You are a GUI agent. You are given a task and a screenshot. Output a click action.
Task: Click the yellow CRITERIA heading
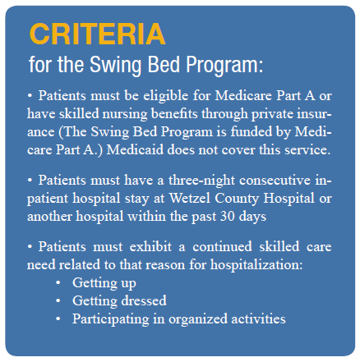pyautogui.click(x=97, y=34)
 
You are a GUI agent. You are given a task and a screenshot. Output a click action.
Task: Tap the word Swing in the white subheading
pyautogui.click(x=117, y=66)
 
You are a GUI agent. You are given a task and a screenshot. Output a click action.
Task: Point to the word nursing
pyautogui.click(x=125, y=114)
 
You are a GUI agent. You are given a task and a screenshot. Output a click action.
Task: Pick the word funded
pyautogui.click(x=252, y=132)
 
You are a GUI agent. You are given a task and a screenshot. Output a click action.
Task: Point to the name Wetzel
pyautogui.click(x=190, y=199)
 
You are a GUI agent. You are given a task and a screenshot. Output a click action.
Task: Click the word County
pyautogui.click(x=237, y=199)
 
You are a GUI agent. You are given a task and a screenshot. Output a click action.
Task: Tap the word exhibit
pyautogui.click(x=150, y=247)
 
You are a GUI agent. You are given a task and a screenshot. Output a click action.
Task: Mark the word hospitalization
pyautogui.click(x=256, y=265)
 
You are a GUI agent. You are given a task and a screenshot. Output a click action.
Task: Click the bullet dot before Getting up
pyautogui.click(x=58, y=283)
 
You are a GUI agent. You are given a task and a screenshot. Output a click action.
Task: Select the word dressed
pyautogui.click(x=144, y=300)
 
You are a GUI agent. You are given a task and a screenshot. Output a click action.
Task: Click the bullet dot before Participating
pyautogui.click(x=58, y=318)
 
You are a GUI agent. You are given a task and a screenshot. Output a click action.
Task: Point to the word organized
pyautogui.click(x=198, y=319)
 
